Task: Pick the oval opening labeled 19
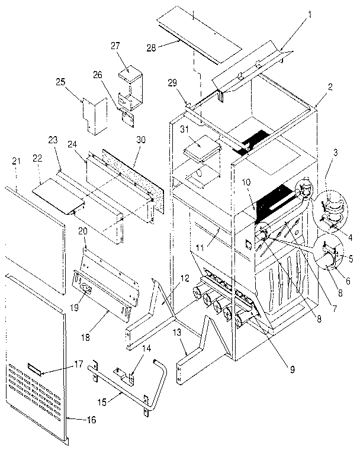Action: (x=84, y=289)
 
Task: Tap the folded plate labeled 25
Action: (x=91, y=116)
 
